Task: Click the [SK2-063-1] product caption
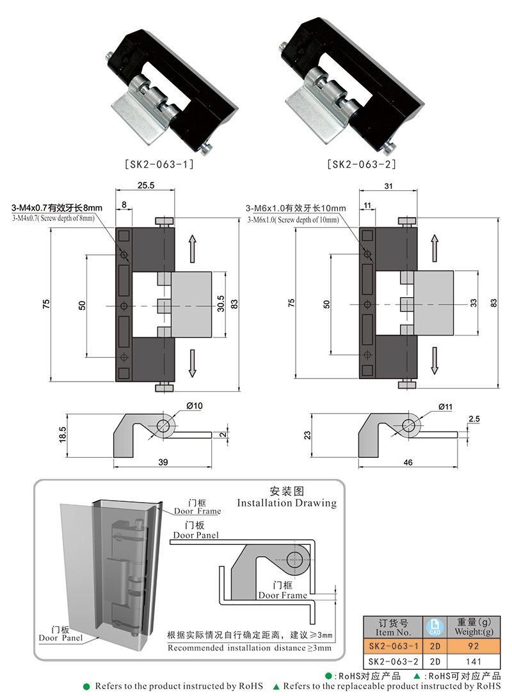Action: tap(158, 164)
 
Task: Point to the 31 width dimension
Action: tap(388, 185)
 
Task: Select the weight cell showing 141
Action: tap(474, 661)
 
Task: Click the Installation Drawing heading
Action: tap(286, 503)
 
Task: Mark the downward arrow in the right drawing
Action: tap(435, 360)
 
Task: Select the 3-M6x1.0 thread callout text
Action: tap(296, 208)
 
